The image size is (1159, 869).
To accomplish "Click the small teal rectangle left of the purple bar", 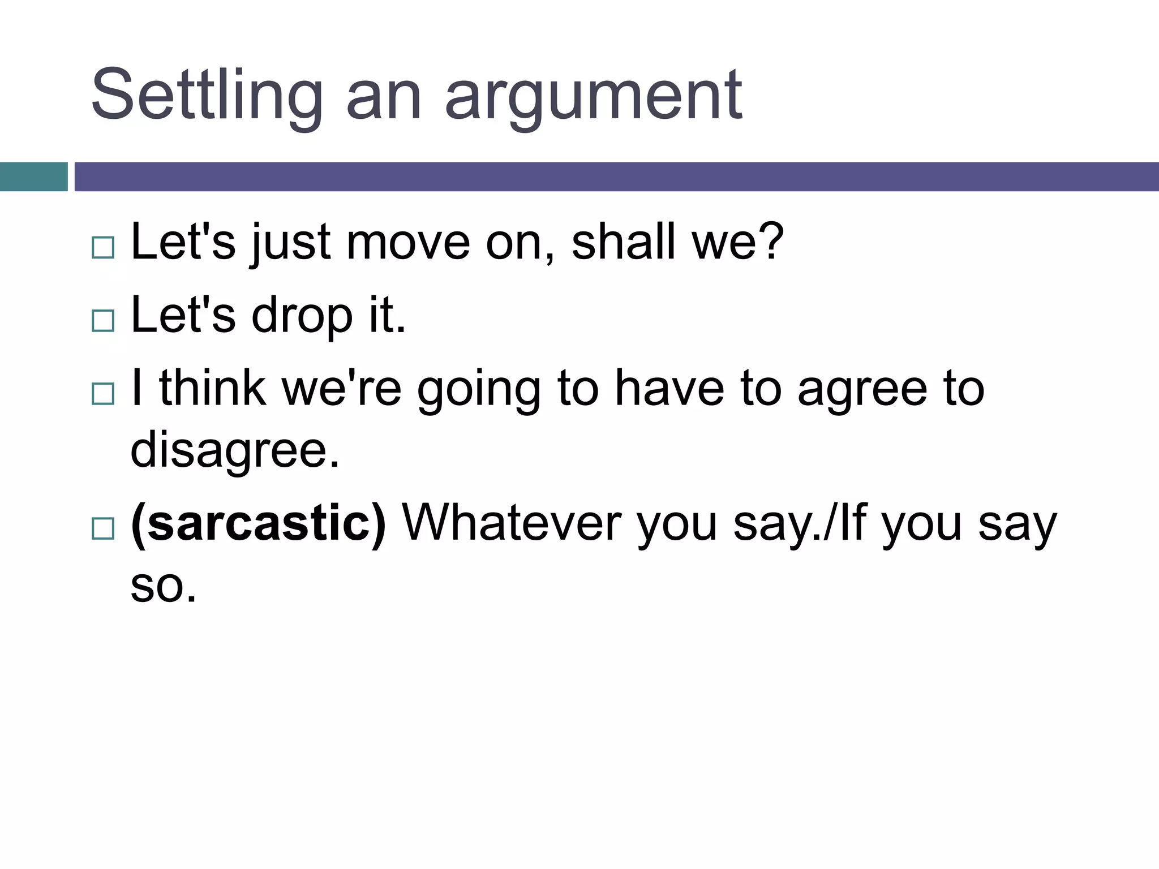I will (33, 177).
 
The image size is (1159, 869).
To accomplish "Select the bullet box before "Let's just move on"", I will (103, 247).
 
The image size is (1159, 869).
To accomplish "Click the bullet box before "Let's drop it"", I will (103, 320).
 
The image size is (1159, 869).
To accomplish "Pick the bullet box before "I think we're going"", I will (103, 393).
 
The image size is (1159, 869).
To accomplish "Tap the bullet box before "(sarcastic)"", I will (103, 528).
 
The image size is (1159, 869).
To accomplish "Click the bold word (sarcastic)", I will (259, 524).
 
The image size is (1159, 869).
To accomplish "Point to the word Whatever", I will (510, 524).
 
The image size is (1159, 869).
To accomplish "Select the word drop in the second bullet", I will (302, 317).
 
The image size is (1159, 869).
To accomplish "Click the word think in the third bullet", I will (213, 389).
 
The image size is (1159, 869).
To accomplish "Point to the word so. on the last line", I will (163, 586).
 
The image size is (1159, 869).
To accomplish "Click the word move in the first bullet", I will (408, 243).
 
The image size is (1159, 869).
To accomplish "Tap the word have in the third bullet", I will (669, 389).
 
